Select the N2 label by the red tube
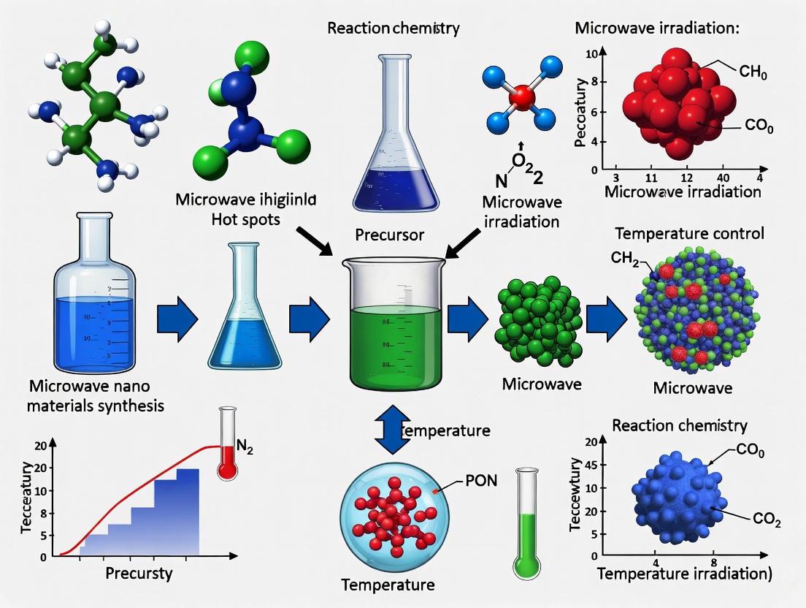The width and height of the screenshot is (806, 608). click(245, 450)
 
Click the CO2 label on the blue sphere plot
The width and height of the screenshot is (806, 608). click(766, 521)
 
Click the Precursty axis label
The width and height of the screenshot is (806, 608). click(139, 573)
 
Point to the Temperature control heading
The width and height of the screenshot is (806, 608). click(689, 234)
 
